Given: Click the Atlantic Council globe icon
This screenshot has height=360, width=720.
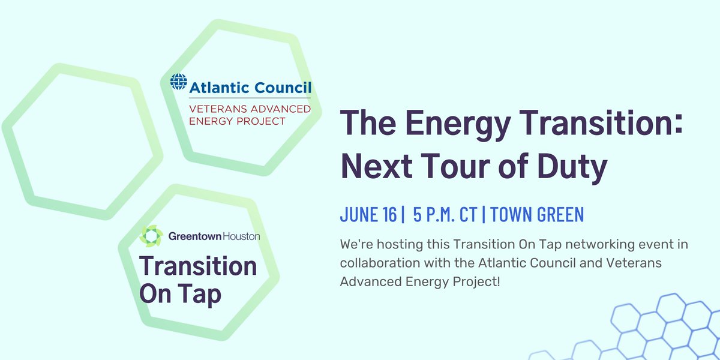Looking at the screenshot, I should pos(179,83).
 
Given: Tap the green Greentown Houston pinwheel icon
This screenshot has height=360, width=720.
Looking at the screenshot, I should pos(151,236).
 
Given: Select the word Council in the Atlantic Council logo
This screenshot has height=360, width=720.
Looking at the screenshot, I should pos(282,88).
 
